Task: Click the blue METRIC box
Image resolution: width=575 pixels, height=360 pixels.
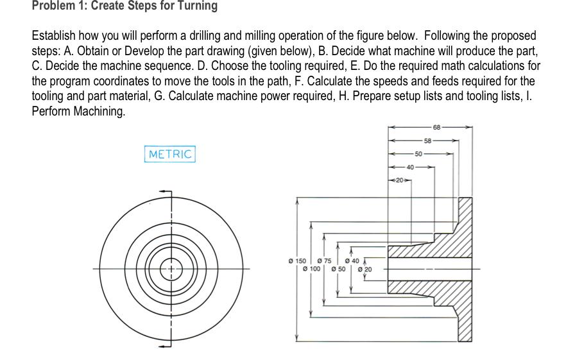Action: pyautogui.click(x=170, y=155)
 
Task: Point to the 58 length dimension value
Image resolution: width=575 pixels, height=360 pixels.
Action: pyautogui.click(x=428, y=140)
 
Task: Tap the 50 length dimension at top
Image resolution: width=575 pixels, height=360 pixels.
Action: pyautogui.click(x=419, y=154)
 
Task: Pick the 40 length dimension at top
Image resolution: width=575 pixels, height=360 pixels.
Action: pyautogui.click(x=411, y=167)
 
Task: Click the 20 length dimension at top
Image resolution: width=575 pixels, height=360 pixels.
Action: pyautogui.click(x=399, y=181)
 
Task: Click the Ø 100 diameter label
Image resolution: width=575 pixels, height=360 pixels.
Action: pyautogui.click(x=311, y=269)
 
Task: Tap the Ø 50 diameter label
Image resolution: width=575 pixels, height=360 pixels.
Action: pyautogui.click(x=338, y=269)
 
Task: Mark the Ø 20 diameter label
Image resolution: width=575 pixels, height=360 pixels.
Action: pyautogui.click(x=365, y=269)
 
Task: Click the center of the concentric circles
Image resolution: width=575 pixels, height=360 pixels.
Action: pyautogui.click(x=171, y=268)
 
